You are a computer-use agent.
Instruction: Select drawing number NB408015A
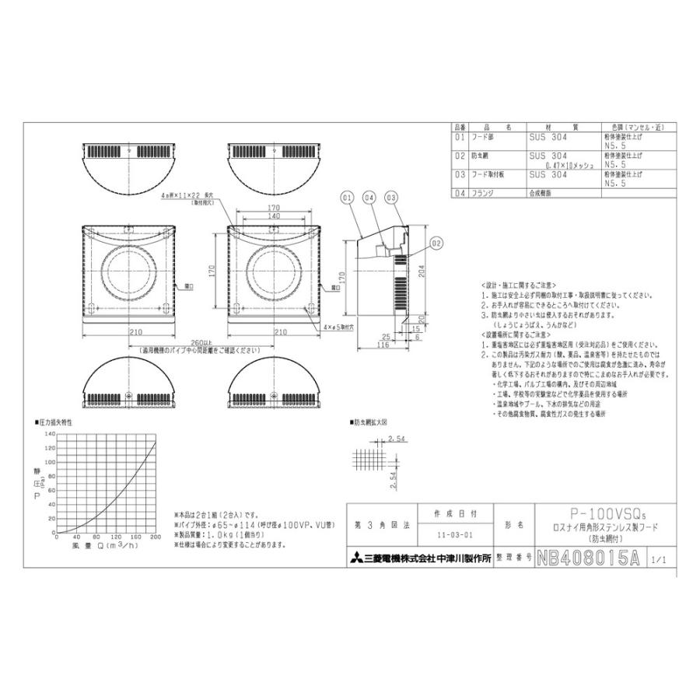click(590, 558)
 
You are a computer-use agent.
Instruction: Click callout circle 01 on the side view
click(347, 198)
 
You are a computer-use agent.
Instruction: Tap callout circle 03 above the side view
click(391, 198)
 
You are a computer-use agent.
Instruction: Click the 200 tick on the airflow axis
click(155, 538)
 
